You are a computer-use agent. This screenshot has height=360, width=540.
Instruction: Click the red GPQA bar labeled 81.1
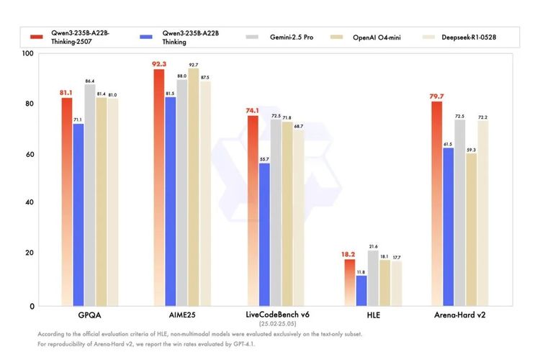pos(67,202)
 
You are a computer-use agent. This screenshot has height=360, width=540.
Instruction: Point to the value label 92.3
pos(159,64)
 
